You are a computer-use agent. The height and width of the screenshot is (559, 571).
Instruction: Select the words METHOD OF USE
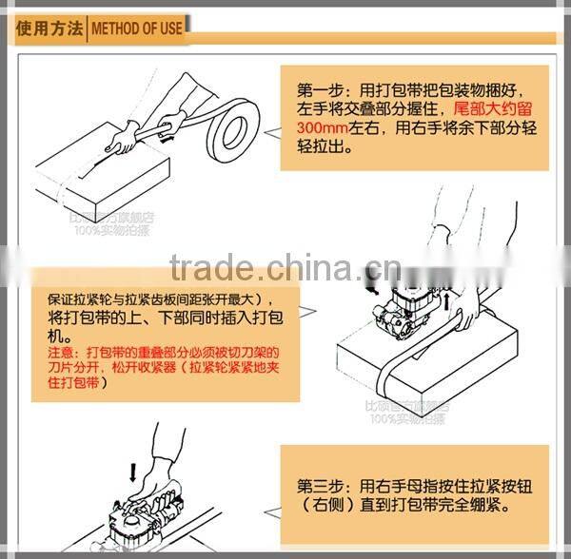(x=136, y=29)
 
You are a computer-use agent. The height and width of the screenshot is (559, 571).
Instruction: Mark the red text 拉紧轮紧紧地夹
(x=238, y=366)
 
